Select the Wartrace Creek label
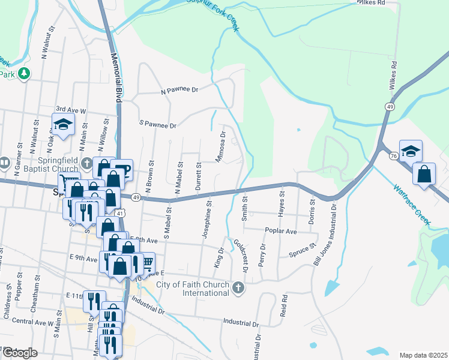412,205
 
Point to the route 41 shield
121,213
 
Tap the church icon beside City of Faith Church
238,289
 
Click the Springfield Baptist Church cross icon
86,163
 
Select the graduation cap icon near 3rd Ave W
62,125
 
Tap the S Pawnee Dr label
158,126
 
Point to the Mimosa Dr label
220,148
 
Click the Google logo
20,353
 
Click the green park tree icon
24,74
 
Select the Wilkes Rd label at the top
371,3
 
